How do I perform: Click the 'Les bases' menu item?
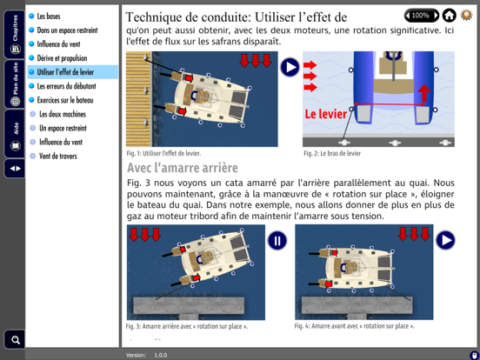49,17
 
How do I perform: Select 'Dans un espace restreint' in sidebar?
67,30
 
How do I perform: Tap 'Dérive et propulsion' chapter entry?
62,58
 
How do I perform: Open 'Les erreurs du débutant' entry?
66,86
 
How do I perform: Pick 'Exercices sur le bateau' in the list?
65,100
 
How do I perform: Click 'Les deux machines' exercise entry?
63,114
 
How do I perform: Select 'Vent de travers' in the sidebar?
58,157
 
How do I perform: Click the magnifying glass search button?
15,339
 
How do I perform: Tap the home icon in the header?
449,16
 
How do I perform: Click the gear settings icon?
467,16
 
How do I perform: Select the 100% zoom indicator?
421,16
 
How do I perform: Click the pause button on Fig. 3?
277,241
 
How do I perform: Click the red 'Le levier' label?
325,114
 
